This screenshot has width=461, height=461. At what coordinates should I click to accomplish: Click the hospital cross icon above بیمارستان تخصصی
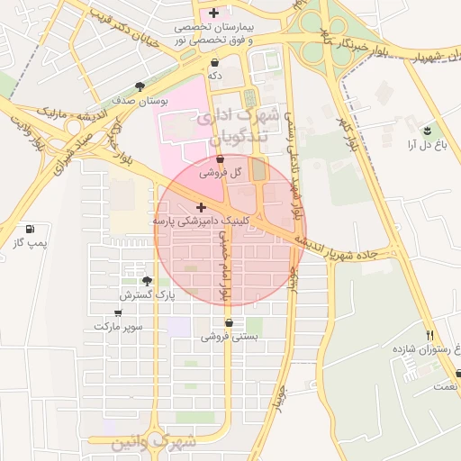[x=213, y=13]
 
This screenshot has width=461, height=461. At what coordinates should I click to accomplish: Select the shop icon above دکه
[x=215, y=63]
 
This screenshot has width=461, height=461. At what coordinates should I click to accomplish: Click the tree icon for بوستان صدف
[x=140, y=86]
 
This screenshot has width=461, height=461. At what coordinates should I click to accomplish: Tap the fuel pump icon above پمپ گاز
[x=32, y=230]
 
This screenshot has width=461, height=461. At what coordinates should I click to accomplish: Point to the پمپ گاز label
[x=30, y=244]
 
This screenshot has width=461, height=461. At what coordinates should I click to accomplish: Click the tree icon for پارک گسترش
[x=148, y=281]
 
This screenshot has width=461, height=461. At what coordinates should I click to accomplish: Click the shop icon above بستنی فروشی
[x=229, y=322]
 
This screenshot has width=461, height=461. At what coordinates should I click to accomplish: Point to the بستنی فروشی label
[x=229, y=337]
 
